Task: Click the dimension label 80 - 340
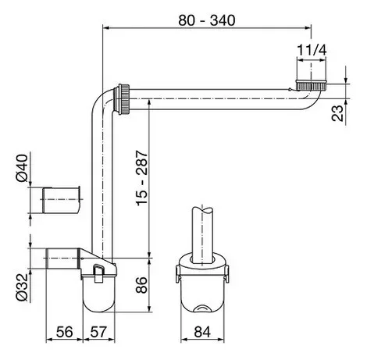coord(207,20)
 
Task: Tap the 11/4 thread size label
coord(312,50)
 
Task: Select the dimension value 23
coord(337,113)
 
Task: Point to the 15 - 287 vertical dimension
coord(142,178)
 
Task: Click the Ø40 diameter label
coord(22,168)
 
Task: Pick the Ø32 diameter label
coord(22,287)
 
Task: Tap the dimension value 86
coord(142,285)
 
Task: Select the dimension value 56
coord(65,332)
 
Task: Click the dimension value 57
coord(98,332)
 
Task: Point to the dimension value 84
coord(202,332)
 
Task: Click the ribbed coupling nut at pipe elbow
coord(123,99)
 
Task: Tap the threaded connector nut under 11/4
coord(311,85)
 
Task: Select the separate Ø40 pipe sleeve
coord(61,200)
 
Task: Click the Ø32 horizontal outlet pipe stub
coord(62,258)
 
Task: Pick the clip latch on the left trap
coord(99,273)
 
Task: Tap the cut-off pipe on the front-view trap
coord(202,234)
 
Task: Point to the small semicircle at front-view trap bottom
coord(202,308)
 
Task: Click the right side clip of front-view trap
coord(227,274)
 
